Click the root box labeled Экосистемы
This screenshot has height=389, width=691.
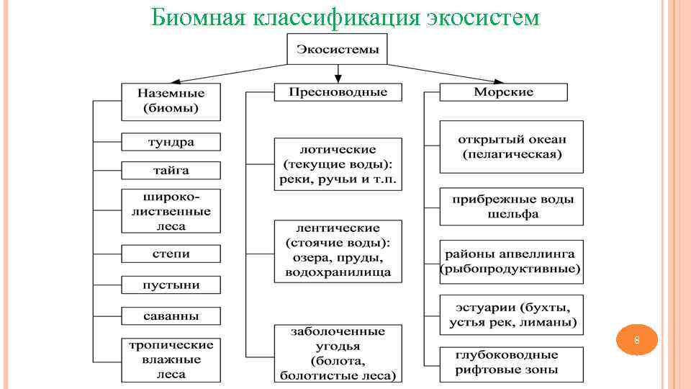[338, 50]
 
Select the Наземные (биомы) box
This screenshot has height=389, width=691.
[171, 102]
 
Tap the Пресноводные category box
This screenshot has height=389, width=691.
[338, 92]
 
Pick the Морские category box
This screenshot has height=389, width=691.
[503, 92]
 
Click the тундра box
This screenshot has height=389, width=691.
[171, 142]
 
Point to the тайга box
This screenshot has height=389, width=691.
[171, 171]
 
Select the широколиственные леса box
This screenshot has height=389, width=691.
[171, 211]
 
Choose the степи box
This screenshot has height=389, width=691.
[171, 254]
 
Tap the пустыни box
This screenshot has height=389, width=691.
[171, 285]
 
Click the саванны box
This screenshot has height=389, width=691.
[171, 316]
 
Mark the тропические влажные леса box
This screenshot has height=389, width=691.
[171, 359]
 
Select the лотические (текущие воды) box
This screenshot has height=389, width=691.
[338, 164]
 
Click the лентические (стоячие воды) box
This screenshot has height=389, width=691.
[338, 251]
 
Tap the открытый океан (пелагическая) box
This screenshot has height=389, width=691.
[511, 147]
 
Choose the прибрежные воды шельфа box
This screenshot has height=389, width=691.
[511, 207]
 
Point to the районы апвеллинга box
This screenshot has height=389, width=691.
[511, 261]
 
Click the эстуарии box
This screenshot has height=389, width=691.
[511, 315]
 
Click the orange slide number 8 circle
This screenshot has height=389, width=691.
[636, 340]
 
